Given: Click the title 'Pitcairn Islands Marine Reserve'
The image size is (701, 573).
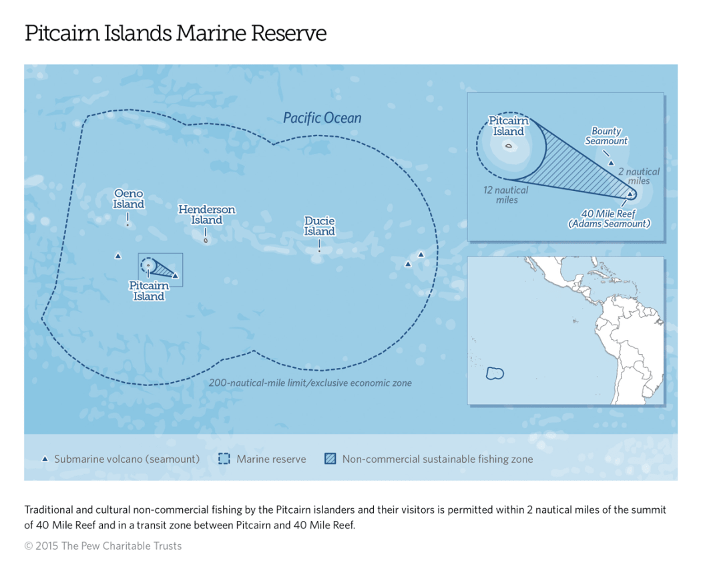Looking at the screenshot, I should coord(176,33).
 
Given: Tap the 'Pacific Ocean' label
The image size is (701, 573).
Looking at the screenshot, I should coord(322,118).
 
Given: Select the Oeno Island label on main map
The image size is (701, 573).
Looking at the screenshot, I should coord(128,199).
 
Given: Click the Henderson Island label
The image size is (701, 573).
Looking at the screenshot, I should coord(206,214).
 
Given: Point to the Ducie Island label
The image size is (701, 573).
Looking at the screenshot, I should coord(319,226).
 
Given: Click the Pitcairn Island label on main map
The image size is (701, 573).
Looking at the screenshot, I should coord(148,291).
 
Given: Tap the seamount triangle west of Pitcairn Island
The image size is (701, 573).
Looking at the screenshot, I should coord(118,256).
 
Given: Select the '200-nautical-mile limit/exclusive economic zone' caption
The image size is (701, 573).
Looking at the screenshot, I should coord(310,383).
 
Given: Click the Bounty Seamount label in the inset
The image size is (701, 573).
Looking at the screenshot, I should coord(606,136).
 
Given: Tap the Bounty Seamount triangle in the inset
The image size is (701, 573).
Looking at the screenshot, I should coord(611,163).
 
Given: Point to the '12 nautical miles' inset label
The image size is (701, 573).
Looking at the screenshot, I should coord(505,194).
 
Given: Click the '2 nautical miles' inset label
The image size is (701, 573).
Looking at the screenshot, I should coord(638,176).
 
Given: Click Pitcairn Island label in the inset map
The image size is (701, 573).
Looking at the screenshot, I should coord(509,126).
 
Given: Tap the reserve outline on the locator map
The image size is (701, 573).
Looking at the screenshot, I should coord(495,373).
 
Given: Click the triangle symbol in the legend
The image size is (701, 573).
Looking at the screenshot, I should coord(45,459).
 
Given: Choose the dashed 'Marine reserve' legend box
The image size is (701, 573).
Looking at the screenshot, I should coord(224,459).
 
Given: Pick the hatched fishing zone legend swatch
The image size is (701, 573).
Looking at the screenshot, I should coord(330,459).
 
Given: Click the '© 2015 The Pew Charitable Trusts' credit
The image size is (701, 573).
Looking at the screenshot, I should coord(103,546).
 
